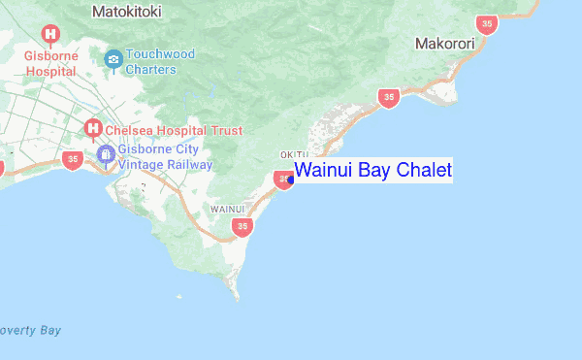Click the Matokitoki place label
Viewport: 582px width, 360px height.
pyautogui.click(x=127, y=12)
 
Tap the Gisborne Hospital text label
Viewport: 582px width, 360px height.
pyautogui.click(x=50, y=63)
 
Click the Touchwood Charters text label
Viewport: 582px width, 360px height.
pyautogui.click(x=160, y=62)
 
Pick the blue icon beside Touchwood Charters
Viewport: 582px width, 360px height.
pyautogui.click(x=113, y=60)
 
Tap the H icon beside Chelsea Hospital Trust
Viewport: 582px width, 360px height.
pyautogui.click(x=93, y=127)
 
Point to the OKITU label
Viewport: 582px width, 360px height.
pyautogui.click(x=294, y=155)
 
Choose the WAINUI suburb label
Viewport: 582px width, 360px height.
pyautogui.click(x=227, y=209)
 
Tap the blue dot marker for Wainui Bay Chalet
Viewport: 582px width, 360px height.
pyautogui.click(x=291, y=179)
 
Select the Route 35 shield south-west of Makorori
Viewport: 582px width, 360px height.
pyautogui.click(x=389, y=97)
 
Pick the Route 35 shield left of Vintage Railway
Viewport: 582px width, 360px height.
pyautogui.click(x=71, y=158)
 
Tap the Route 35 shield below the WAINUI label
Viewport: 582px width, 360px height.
pyautogui.click(x=242, y=227)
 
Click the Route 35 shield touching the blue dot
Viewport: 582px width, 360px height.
pyautogui.click(x=282, y=179)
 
